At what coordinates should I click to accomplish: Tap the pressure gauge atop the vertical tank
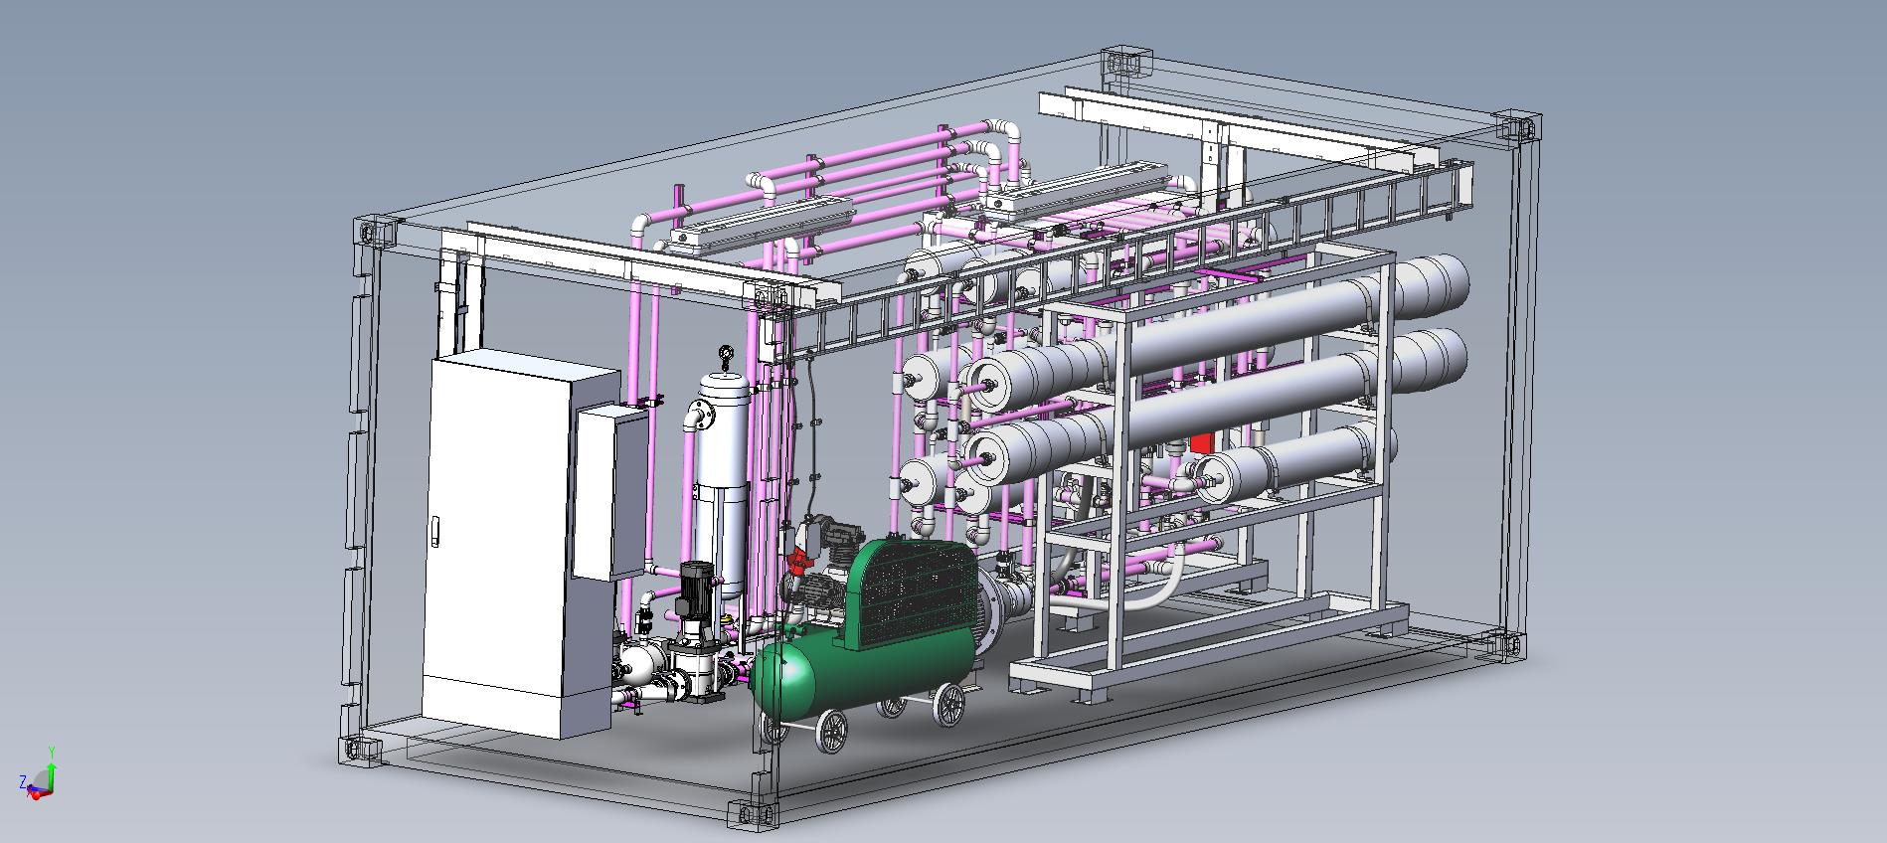point(726,354)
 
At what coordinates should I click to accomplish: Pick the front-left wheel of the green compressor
point(832,733)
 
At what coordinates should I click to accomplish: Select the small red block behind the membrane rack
point(1201,445)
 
